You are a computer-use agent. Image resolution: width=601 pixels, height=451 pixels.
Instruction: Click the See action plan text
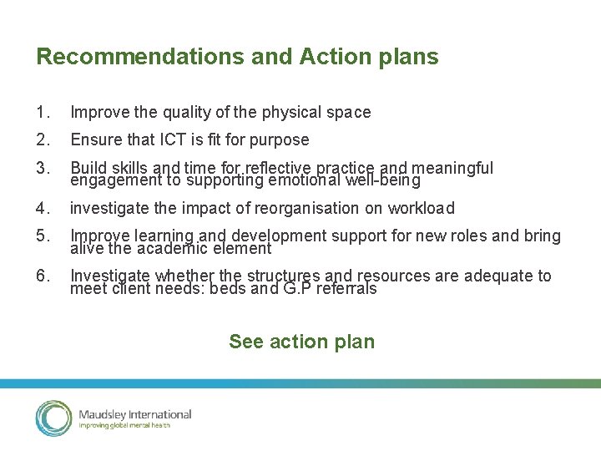coord(301,342)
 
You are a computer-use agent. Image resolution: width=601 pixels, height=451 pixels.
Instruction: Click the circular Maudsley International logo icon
coord(54,418)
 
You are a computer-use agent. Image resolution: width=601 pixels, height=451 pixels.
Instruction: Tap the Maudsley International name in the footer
coord(134,414)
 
